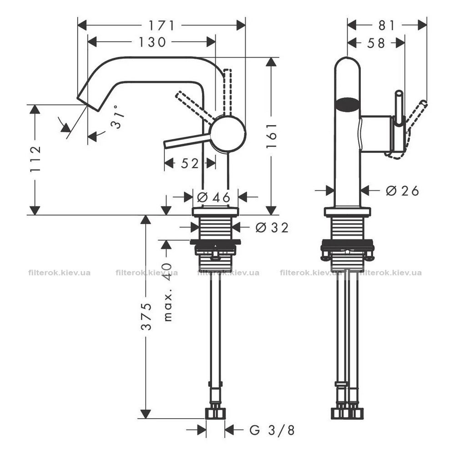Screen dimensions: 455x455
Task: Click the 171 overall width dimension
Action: tap(162, 25)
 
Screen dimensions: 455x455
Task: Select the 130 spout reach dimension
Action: tap(152, 42)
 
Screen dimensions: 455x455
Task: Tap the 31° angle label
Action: tap(117, 116)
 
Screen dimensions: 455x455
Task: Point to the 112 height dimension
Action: tap(35, 160)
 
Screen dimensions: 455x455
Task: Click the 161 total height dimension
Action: tap(272, 136)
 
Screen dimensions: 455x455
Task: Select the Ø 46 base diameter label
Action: tap(213, 197)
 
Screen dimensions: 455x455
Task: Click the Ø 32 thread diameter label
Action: tap(272, 227)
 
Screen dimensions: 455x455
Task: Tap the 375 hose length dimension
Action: tap(146, 316)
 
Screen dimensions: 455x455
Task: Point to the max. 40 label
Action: tap(168, 292)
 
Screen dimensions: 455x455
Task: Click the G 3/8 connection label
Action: tap(272, 430)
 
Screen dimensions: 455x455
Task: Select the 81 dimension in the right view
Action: tap(386, 25)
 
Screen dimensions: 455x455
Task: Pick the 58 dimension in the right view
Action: tap(376, 43)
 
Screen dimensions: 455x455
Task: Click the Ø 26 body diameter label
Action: tap(402, 191)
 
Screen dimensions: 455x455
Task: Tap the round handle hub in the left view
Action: tap(228, 134)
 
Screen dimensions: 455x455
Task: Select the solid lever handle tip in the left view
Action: tap(166, 145)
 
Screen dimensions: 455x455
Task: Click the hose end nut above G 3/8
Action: tap(215, 413)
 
